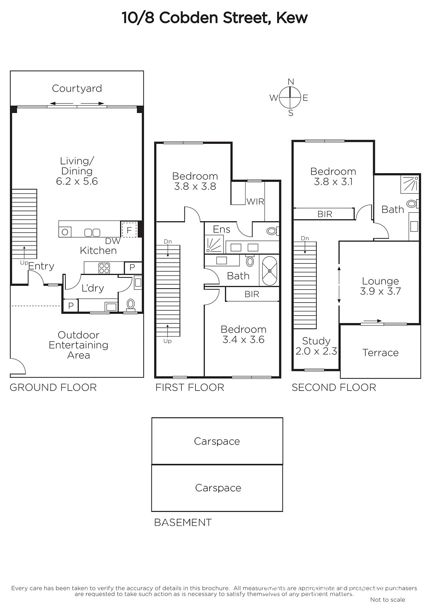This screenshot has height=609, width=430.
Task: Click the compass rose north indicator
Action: [290, 81]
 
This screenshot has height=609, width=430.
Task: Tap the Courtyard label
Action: [77, 88]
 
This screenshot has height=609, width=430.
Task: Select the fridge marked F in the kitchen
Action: [129, 230]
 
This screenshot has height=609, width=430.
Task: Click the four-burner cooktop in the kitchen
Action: [104, 268]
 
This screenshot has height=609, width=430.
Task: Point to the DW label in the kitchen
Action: [113, 241]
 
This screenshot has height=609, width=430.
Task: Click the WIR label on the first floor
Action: [255, 201]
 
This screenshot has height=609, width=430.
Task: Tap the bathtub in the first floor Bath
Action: [270, 271]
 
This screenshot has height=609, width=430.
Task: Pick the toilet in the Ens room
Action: [273, 231]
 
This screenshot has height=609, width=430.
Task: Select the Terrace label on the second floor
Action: [380, 352]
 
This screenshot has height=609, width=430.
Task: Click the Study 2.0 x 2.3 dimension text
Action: [316, 351]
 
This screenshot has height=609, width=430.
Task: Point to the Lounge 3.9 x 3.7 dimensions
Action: [380, 291]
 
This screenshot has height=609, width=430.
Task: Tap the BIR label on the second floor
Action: [325, 214]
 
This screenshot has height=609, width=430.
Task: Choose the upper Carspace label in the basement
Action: [217, 441]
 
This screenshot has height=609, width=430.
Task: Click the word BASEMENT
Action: [183, 522]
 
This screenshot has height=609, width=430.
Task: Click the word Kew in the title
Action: [292, 18]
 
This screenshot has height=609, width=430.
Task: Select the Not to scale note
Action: [387, 599]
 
